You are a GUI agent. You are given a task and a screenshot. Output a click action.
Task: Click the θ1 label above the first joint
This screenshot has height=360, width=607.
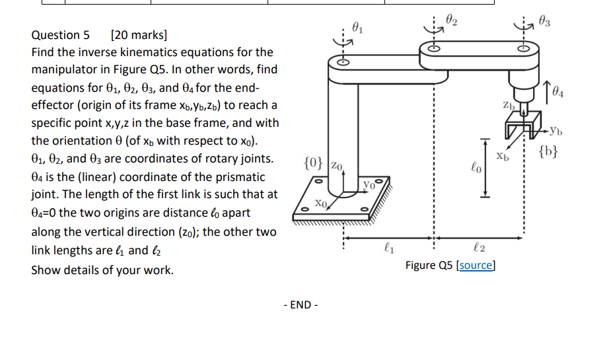tap(357, 28)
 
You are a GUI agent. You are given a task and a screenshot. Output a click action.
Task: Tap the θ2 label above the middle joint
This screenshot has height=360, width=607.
tap(451, 19)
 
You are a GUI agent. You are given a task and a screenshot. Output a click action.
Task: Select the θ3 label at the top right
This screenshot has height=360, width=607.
tap(544, 21)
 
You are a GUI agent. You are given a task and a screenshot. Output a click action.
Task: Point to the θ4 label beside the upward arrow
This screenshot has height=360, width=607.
tap(558, 91)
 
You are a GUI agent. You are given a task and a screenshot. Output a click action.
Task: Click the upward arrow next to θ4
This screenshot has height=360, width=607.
tap(547, 92)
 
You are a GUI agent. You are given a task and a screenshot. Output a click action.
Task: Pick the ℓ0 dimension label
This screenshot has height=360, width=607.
tap(476, 167)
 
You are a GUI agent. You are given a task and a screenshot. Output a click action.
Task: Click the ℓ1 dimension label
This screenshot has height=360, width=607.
tap(389, 247)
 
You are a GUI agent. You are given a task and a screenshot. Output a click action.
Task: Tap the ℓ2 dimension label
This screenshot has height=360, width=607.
tap(479, 247)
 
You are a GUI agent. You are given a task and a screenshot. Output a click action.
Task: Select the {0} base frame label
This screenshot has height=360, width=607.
tap(313, 163)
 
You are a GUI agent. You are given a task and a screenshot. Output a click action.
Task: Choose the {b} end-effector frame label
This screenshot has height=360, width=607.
tap(548, 151)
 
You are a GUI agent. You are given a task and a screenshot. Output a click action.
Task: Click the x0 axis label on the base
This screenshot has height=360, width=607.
tap(321, 203)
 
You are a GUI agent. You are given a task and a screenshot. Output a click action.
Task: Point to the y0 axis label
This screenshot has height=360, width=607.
tap(369, 185)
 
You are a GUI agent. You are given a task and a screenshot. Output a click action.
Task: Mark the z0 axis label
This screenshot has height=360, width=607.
tap(337, 166)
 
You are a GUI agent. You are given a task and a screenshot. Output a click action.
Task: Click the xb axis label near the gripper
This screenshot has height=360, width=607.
tap(503, 156)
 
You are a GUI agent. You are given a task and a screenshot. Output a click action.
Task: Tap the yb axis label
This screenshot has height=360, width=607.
tap(556, 131)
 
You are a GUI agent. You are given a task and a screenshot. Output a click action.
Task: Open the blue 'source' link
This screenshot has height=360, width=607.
tap(476, 265)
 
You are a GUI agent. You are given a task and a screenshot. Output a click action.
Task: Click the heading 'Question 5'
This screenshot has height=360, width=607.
tap(60, 35)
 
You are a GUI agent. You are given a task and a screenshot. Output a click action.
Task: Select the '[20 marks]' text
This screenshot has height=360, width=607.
tap(139, 35)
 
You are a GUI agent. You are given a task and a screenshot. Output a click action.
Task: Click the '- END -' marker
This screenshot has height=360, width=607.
tap(301, 305)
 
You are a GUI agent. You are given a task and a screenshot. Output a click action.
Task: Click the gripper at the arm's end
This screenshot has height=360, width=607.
tap(523, 125)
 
